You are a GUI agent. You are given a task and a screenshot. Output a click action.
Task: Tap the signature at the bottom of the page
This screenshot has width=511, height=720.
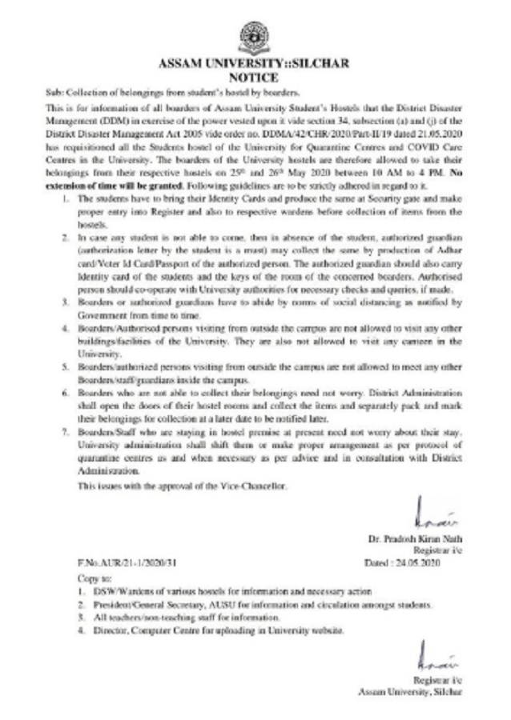433,658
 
